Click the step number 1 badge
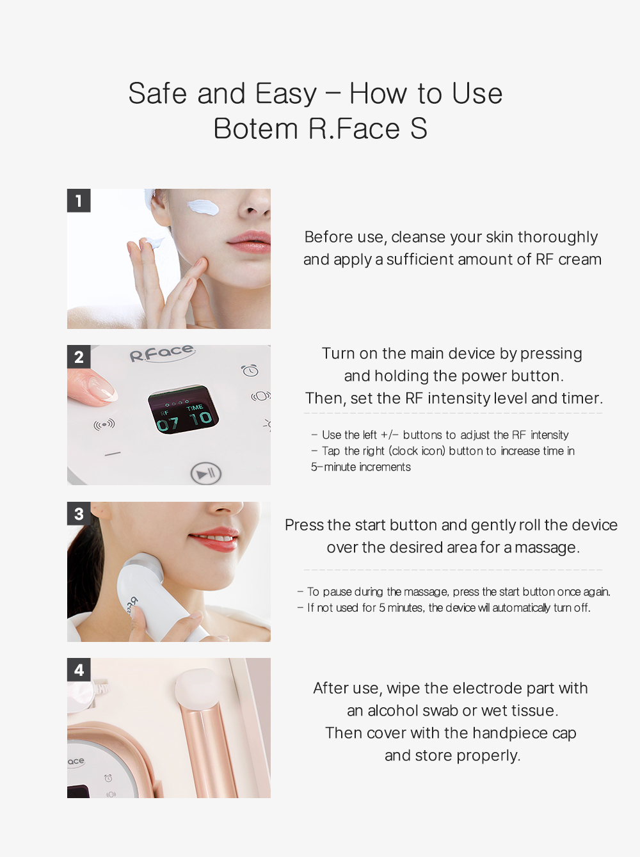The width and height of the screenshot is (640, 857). [79, 201]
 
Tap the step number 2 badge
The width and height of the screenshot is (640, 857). [79, 357]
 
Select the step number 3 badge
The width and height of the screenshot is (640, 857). [79, 514]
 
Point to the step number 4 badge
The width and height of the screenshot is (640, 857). [79, 670]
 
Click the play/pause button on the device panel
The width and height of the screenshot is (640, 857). [205, 474]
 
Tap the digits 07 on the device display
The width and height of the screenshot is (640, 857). [168, 424]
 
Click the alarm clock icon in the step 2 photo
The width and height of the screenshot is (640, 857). [250, 370]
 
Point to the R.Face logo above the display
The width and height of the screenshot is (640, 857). [162, 353]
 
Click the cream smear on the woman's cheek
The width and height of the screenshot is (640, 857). [202, 207]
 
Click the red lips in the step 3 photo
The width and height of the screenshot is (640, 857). [214, 539]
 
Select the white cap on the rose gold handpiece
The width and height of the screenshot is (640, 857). [195, 685]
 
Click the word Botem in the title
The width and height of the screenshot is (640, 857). [255, 129]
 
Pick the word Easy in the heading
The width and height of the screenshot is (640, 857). [285, 93]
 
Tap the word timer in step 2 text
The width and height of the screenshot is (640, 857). [582, 398]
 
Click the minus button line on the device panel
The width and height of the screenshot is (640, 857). [113, 454]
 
